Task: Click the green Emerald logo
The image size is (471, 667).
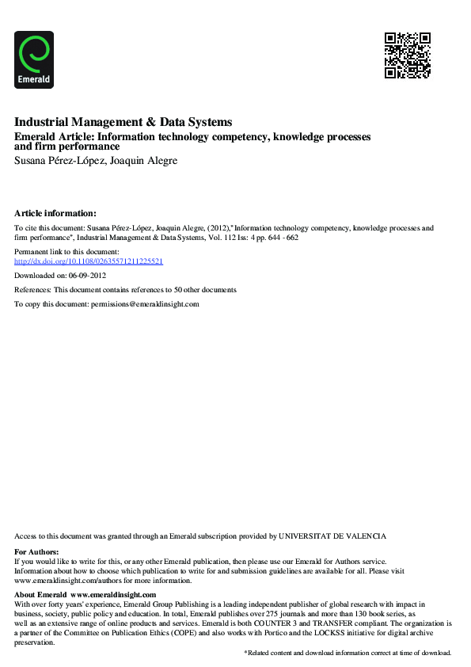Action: pos(34,59)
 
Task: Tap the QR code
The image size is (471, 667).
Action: pos(408,55)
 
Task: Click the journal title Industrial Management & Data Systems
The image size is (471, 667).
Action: pos(123,122)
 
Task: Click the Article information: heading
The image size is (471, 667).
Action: pos(55,212)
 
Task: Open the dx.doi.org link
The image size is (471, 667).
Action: pos(89,261)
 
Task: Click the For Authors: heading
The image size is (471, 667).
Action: pos(36,551)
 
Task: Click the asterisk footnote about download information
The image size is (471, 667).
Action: pos(348,652)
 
